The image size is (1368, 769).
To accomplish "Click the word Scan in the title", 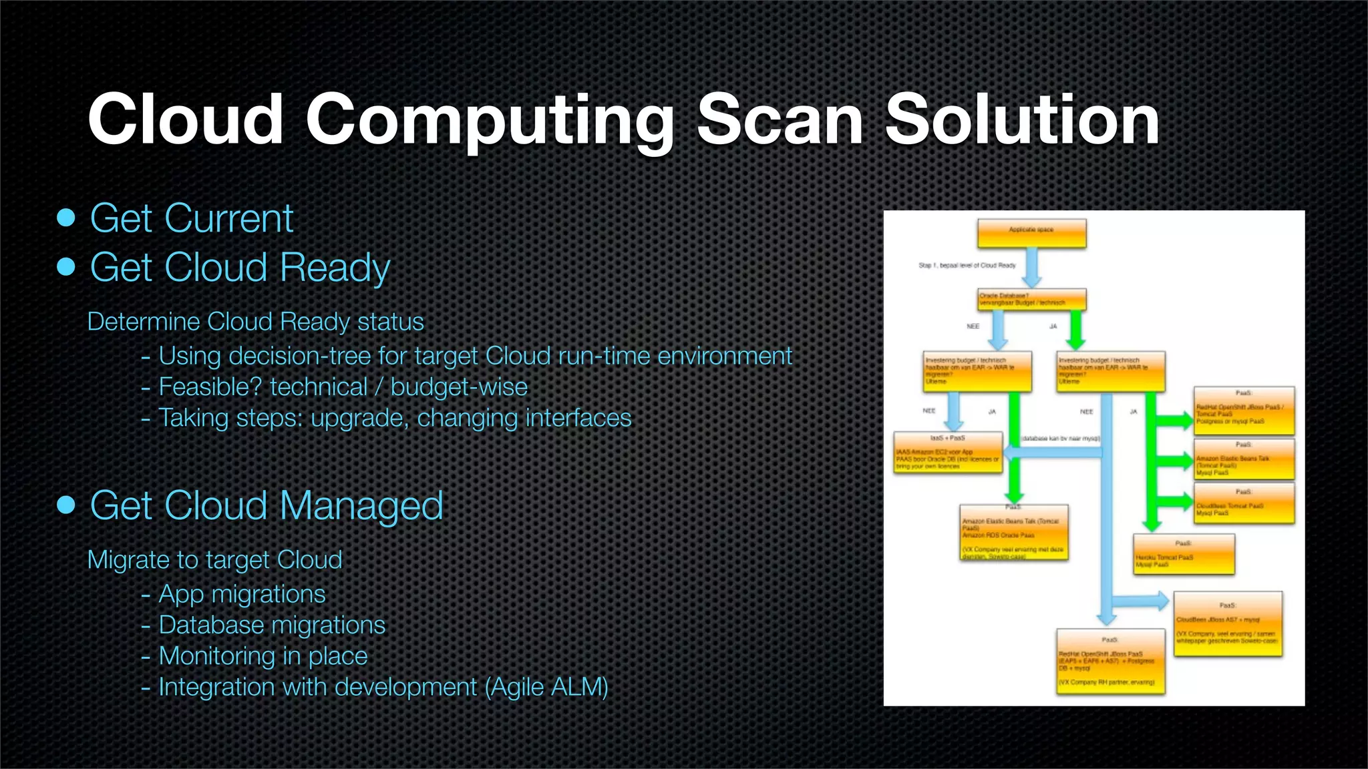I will (x=780, y=120).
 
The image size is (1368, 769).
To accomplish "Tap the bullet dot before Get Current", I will (x=66, y=218).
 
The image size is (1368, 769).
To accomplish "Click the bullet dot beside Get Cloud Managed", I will (x=66, y=505).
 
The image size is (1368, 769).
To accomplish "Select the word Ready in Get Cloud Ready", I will (x=335, y=268).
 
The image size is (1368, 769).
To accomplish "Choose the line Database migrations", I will (x=271, y=625).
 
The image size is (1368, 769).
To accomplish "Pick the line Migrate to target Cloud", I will (x=214, y=560).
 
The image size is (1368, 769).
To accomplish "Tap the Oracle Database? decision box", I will (x=1031, y=299).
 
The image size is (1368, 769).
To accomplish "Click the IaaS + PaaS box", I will (x=948, y=453).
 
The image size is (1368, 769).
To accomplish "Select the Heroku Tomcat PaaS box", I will (x=1183, y=554).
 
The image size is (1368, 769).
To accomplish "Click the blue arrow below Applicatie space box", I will (x=1032, y=267).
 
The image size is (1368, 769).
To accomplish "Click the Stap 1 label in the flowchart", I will (x=967, y=266).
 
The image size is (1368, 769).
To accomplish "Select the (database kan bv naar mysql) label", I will (x=1061, y=439).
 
